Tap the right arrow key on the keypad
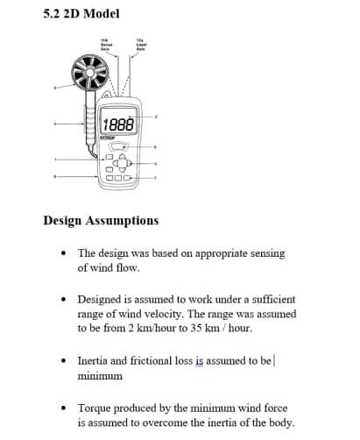pyautogui.click(x=130, y=163)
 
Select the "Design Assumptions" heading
pyautogui.click(x=101, y=220)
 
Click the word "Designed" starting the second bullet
pyautogui.click(x=102, y=299)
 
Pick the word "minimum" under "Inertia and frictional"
pyautogui.click(x=101, y=375)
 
